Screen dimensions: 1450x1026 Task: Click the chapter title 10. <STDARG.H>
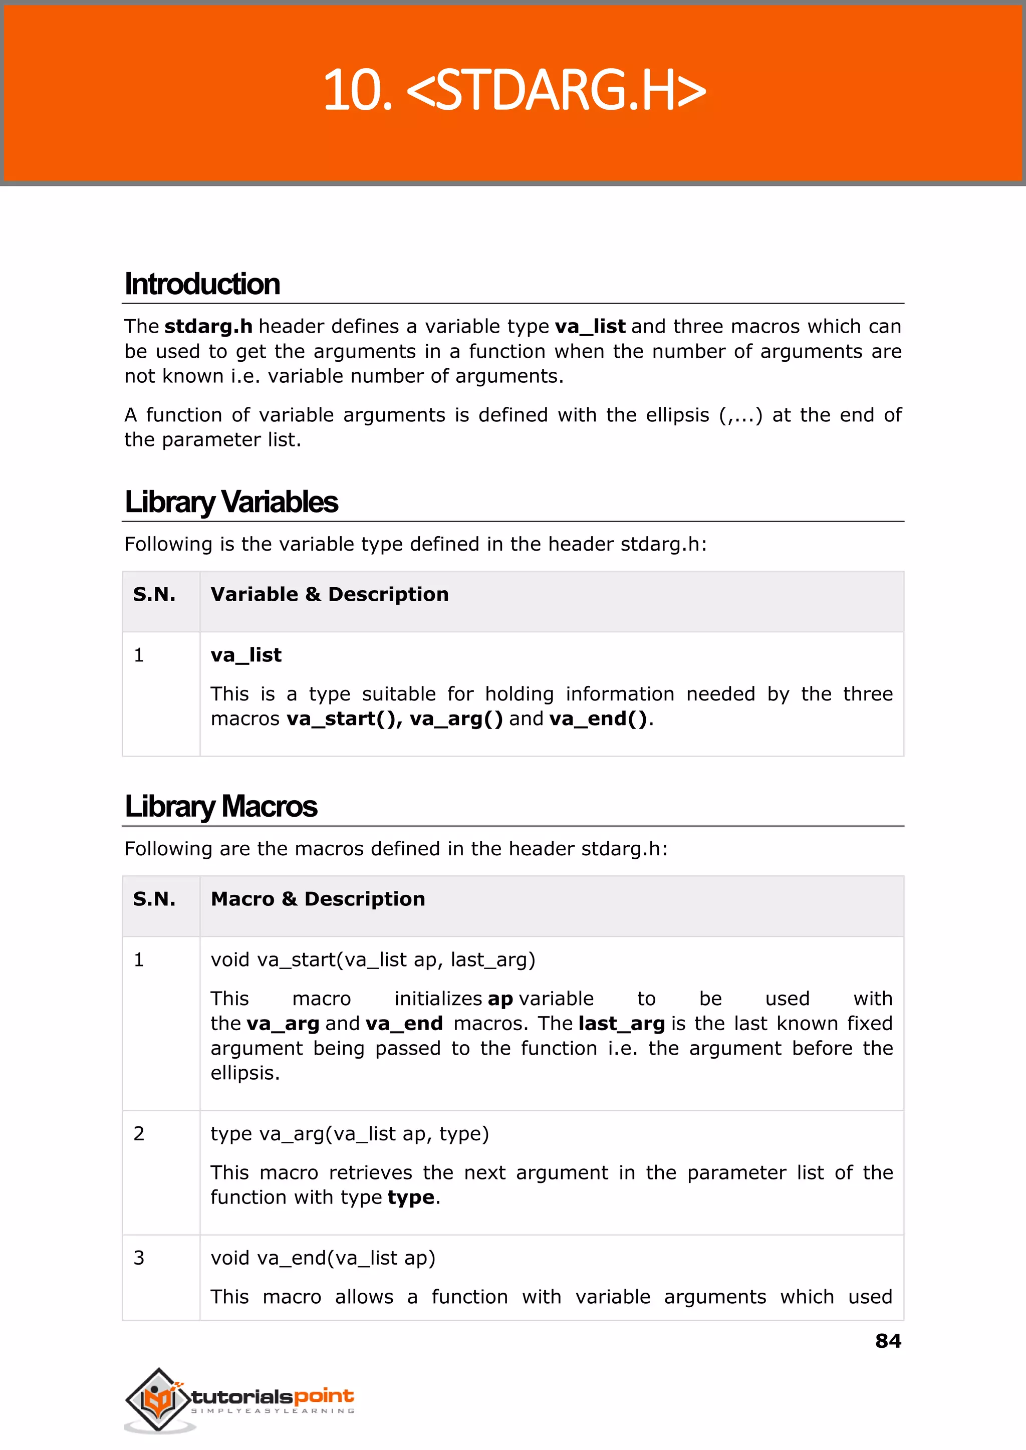(514, 90)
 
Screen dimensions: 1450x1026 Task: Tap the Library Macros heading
(220, 806)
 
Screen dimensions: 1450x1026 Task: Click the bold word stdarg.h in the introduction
(208, 326)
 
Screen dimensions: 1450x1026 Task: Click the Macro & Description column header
(318, 898)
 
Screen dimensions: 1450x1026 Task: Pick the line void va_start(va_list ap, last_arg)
(373, 959)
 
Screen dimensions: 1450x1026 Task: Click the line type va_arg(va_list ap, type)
(349, 1133)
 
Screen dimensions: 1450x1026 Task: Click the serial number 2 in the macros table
(139, 1133)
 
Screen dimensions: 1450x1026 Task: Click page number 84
(888, 1341)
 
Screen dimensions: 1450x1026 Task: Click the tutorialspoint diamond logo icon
(158, 1399)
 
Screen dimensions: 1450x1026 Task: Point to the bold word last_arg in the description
(621, 1023)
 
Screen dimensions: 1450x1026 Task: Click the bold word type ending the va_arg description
(411, 1197)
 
